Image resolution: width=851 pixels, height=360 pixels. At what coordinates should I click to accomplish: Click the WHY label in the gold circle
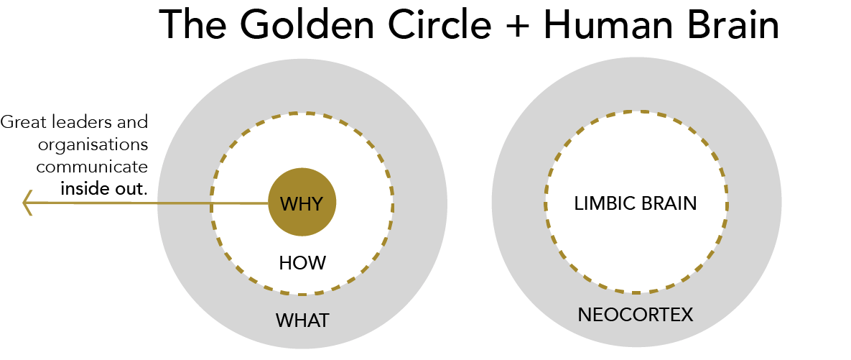tap(302, 204)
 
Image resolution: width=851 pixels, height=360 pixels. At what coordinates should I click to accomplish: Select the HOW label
tap(302, 263)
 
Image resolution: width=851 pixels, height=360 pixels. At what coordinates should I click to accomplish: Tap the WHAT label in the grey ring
tap(302, 320)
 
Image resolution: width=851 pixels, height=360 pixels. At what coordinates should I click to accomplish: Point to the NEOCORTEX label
tap(636, 315)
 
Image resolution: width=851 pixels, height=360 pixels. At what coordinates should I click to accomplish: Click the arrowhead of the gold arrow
tap(27, 203)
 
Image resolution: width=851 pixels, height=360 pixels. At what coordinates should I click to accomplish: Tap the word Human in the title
tap(608, 27)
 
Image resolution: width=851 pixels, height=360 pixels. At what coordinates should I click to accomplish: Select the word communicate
tap(93, 167)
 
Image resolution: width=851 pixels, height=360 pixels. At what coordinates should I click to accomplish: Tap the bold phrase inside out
tap(103, 190)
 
